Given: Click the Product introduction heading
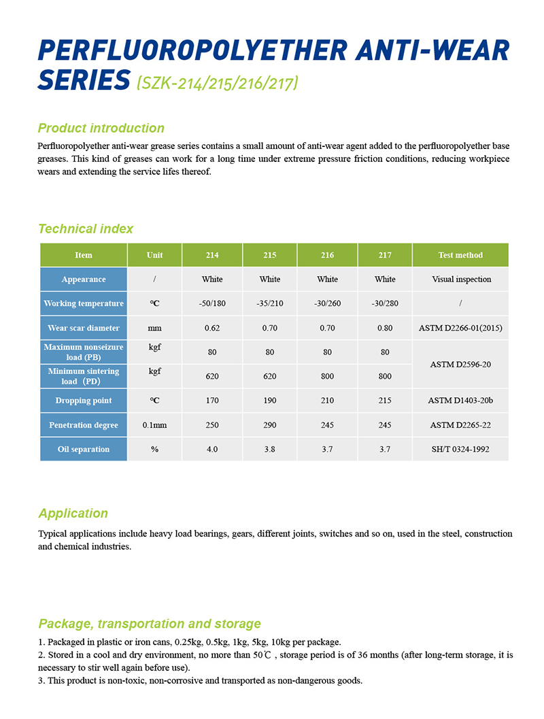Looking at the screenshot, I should [101, 128].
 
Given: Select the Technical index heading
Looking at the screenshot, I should [86, 229].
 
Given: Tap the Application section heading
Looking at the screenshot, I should [73, 513].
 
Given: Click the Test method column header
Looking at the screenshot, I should [460, 255].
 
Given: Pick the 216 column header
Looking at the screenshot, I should [327, 255].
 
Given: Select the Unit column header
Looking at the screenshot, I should [154, 255].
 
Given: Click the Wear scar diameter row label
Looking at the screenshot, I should [84, 328].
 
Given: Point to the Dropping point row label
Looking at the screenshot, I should [84, 401].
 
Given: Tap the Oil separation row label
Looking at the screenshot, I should [84, 449].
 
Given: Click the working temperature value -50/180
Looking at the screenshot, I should [212, 303].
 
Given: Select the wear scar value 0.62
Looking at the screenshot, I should [212, 328].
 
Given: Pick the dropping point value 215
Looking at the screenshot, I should [385, 401].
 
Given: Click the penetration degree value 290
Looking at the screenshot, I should [270, 425].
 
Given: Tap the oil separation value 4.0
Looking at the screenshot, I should [212, 449].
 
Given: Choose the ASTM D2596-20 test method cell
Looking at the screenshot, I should [460, 365].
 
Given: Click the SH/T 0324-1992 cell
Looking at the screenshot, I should [460, 449].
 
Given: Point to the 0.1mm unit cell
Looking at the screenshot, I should [154, 425].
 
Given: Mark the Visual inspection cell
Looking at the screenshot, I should [460, 279].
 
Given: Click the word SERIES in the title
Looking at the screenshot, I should [84, 80].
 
